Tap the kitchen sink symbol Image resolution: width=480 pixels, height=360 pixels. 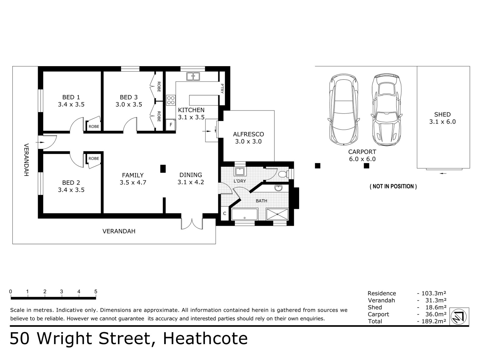(193, 76)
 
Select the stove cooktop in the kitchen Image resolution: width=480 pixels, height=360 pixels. (171, 100)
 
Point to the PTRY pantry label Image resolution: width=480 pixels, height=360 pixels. (222, 89)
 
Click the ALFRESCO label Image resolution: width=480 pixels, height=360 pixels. (248, 134)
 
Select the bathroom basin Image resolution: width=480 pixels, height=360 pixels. (278, 188)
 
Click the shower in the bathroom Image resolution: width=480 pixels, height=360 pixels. (277, 214)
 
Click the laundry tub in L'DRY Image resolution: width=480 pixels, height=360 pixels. (239, 172)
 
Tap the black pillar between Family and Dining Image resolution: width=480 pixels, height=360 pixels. (163, 169)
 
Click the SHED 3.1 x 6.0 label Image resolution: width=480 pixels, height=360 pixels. (442, 118)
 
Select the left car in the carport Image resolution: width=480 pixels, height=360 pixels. (343, 110)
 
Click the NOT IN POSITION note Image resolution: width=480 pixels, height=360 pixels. (393, 186)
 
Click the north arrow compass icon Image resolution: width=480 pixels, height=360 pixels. (459, 316)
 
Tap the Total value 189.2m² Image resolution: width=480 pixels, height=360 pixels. (432, 321)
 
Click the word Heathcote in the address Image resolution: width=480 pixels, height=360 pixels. (205, 339)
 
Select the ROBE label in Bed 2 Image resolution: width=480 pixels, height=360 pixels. (94, 159)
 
